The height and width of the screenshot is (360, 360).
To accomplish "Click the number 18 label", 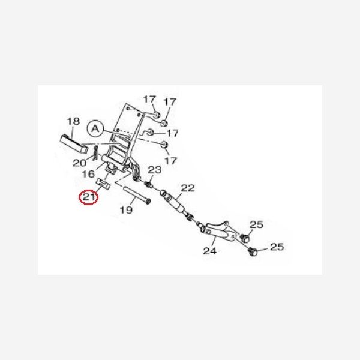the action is [x=73, y=121].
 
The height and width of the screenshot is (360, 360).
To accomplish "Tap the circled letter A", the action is [x=95, y=129].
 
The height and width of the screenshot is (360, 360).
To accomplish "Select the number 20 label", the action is [x=80, y=163].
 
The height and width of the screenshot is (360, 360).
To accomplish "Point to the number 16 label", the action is [x=88, y=174].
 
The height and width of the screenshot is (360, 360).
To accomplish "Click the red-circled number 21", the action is [x=89, y=197].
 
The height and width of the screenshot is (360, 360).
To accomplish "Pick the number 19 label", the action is [x=126, y=209].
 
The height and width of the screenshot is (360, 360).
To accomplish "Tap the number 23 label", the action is [x=155, y=170].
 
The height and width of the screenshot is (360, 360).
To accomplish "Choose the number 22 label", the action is [x=188, y=188].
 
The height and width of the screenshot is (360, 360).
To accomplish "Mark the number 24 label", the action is [x=209, y=251].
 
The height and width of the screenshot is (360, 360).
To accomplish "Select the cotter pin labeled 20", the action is [x=96, y=153].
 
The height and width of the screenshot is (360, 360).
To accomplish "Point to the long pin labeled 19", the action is [x=137, y=195].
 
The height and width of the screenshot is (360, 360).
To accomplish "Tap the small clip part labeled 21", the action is [x=103, y=184].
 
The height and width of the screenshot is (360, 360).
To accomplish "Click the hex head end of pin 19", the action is [x=149, y=202].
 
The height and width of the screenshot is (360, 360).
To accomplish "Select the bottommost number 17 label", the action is [x=170, y=160].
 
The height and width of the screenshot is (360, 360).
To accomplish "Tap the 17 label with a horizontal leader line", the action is [x=172, y=133].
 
